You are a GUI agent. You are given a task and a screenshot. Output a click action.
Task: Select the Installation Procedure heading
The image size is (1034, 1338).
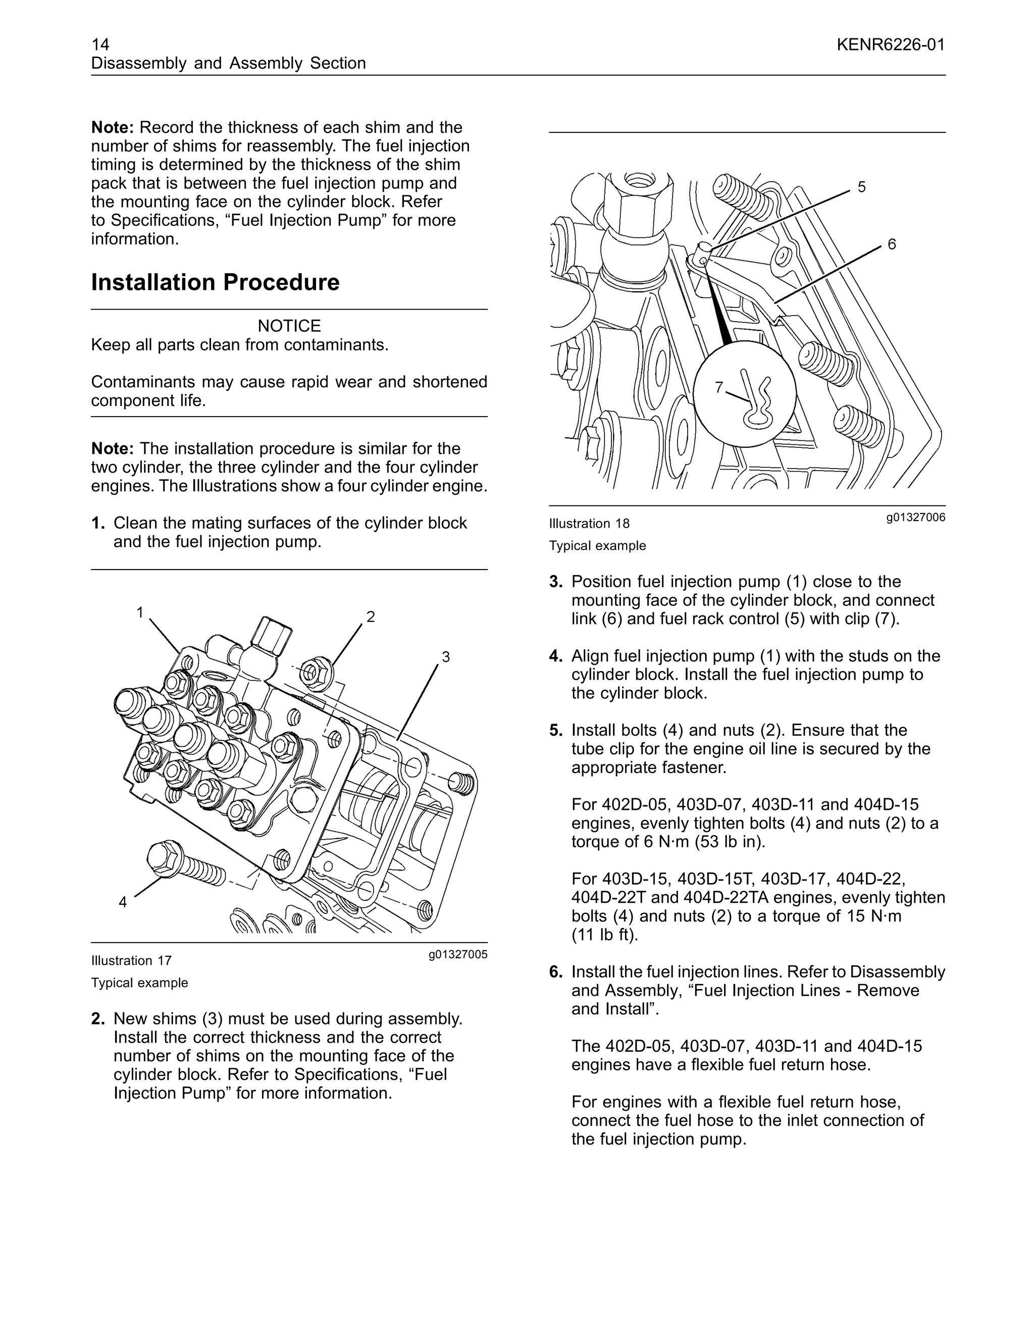point(215,282)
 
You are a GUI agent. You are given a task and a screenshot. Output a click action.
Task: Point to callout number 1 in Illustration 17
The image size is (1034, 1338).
point(140,612)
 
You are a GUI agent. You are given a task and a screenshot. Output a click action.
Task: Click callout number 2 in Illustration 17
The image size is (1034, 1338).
point(371,616)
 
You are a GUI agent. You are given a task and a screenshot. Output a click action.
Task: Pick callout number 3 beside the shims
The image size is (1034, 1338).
point(446,657)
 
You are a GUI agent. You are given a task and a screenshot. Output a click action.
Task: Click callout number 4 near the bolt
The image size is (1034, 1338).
point(123,902)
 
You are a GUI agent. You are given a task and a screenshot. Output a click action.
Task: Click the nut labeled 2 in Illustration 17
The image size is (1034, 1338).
point(316,672)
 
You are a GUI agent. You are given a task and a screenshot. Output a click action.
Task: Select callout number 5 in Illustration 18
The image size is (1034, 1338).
point(861,187)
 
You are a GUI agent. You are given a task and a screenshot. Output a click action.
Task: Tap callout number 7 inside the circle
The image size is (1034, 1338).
point(719,387)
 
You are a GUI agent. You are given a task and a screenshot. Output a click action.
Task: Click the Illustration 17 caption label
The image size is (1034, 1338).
point(131,961)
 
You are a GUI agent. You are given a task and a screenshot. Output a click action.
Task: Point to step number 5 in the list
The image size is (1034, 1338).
point(555,730)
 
